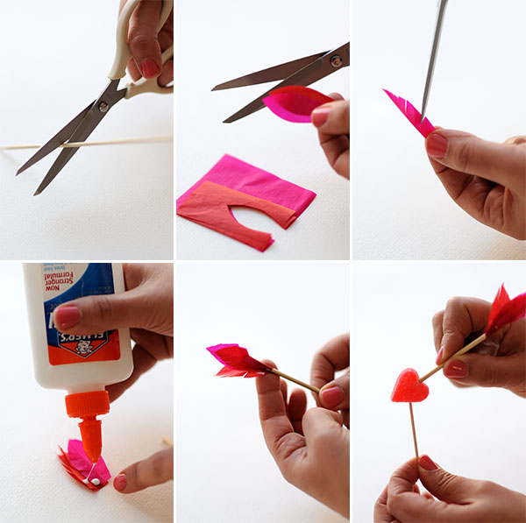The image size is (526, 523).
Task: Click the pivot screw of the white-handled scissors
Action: (x=103, y=106)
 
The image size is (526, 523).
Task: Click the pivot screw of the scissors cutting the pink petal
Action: (x=334, y=61)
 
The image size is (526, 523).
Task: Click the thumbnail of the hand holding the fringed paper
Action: (x=437, y=145)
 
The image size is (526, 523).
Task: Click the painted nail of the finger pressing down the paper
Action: (x=120, y=482)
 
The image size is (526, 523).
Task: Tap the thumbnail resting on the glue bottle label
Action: (x=67, y=315)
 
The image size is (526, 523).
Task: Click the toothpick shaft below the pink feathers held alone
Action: (x=289, y=378)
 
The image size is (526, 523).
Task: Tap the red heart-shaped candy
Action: (x=409, y=385)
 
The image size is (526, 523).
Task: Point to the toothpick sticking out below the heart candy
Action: (x=413, y=429)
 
